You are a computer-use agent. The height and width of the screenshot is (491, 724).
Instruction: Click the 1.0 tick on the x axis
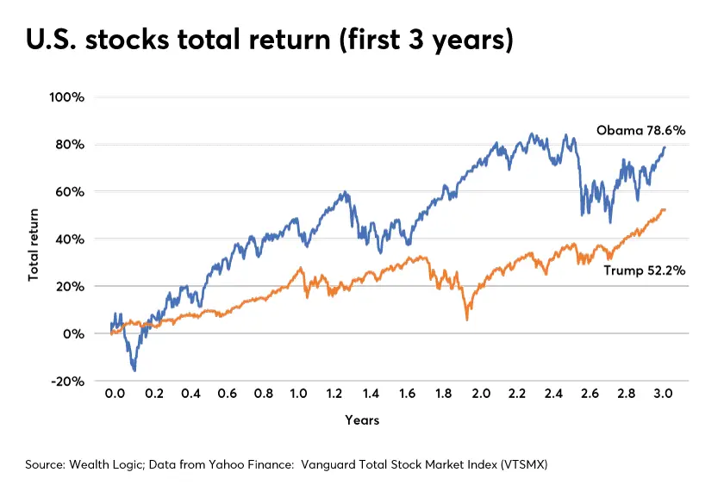(x=298, y=394)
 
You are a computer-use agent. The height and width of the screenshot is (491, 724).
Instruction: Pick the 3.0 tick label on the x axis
(x=665, y=394)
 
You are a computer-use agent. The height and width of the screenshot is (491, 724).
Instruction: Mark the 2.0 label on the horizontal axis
(x=481, y=394)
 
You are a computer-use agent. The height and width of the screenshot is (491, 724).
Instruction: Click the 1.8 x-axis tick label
(x=445, y=394)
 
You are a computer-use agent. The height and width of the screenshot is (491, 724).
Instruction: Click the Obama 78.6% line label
(x=640, y=130)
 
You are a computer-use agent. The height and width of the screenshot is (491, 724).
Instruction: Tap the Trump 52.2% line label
(x=644, y=270)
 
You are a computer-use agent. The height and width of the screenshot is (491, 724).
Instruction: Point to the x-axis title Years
(x=362, y=421)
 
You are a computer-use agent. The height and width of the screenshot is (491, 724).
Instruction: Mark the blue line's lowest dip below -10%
(x=134, y=370)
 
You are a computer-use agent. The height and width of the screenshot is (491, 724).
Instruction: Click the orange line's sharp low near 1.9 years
(x=467, y=320)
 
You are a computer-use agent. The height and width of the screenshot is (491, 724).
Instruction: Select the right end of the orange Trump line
(x=665, y=209)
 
